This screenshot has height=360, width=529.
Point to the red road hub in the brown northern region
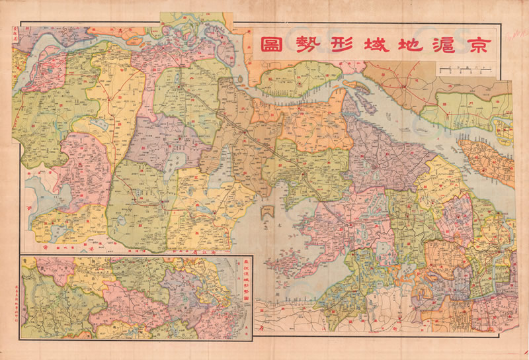403,85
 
